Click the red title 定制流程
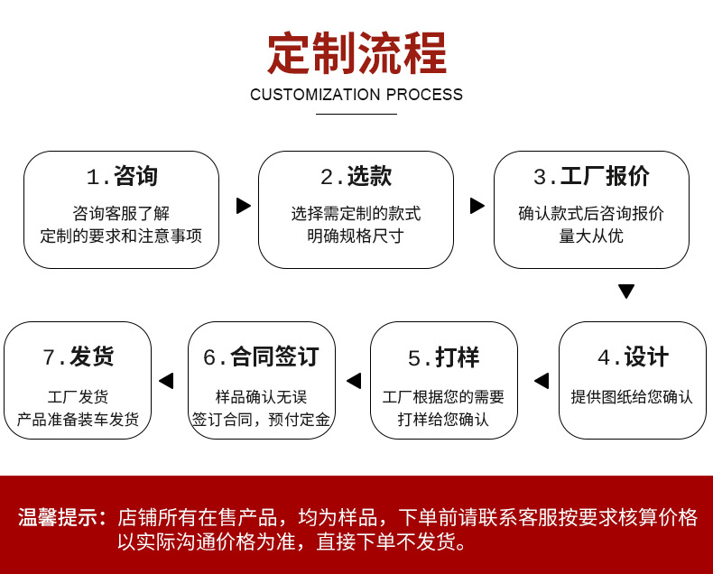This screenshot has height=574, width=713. (356, 53)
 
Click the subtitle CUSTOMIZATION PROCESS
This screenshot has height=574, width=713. (356, 95)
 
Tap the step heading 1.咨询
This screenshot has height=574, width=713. (122, 177)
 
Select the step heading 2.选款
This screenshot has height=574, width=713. (356, 177)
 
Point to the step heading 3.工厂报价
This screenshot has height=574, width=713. (591, 177)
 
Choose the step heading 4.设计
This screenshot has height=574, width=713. (632, 357)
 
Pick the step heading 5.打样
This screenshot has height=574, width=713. (443, 357)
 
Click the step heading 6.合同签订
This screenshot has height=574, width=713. (261, 357)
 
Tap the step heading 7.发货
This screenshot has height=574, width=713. (78, 357)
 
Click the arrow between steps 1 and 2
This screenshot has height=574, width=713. (243, 206)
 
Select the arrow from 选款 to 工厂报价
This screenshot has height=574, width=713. (477, 206)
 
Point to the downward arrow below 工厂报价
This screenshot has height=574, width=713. (626, 292)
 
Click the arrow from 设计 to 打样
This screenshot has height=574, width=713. (542, 381)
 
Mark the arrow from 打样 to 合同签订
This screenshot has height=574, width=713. (354, 381)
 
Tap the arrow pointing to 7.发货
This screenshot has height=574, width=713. (166, 381)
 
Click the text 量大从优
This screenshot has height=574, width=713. (591, 236)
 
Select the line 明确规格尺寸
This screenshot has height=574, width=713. (356, 236)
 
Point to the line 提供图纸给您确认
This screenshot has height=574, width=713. (632, 396)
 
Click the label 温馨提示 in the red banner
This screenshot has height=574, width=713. (61, 518)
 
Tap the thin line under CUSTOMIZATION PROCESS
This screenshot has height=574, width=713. (356, 114)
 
